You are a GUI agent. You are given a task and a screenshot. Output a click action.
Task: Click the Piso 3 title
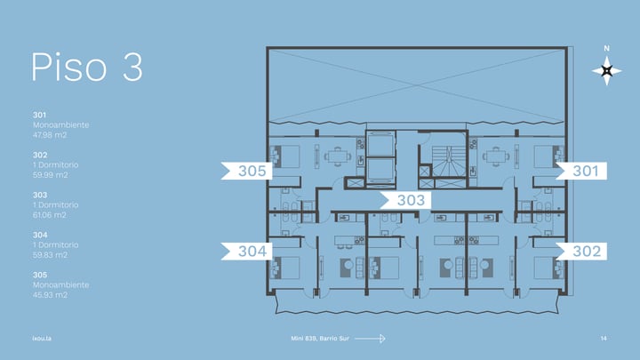[87, 67]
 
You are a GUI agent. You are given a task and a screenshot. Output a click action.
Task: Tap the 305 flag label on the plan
[246, 171]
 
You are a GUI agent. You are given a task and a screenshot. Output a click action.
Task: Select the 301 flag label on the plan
[581, 171]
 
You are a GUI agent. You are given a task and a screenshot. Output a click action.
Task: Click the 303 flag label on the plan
[405, 200]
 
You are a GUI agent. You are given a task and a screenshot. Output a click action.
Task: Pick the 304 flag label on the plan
[246, 251]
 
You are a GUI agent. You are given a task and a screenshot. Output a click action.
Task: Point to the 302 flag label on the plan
[581, 251]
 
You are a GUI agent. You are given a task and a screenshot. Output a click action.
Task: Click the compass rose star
[607, 70]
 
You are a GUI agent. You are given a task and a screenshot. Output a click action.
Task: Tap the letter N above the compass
[606, 48]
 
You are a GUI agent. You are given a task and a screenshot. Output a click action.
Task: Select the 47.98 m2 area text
[50, 135]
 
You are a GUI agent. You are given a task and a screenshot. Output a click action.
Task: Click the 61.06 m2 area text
[50, 215]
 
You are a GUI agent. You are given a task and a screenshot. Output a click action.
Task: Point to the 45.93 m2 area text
[50, 295]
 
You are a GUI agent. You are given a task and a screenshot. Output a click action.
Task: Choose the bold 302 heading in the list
[40, 155]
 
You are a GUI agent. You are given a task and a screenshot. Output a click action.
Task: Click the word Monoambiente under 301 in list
[60, 125]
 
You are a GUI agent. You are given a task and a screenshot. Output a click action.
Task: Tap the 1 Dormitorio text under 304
[55, 245]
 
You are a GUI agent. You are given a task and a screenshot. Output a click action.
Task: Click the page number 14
[604, 339]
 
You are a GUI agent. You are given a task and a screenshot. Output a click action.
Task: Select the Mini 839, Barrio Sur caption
[320, 339]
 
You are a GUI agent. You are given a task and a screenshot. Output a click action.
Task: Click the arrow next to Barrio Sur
[370, 339]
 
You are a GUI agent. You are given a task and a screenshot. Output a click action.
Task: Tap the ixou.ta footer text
[42, 339]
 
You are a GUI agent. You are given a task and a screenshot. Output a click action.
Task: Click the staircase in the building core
[449, 161]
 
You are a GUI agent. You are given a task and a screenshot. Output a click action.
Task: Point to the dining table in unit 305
[338, 156]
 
